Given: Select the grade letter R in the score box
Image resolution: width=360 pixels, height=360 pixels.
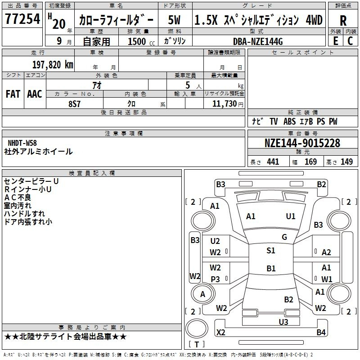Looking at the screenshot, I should click(343, 21).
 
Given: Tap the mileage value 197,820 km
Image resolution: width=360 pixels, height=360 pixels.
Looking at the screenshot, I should click(53, 64).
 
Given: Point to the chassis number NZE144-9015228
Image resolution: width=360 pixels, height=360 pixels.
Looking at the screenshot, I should click(302, 143).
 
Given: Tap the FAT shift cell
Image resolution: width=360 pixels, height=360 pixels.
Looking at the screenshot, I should click(13, 94).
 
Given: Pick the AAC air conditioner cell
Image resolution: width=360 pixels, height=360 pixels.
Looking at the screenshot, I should click(35, 94).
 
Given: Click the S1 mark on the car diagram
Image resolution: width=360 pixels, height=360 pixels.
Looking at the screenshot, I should click(271, 251).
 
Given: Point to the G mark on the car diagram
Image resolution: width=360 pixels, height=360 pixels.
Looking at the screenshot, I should click(284, 237).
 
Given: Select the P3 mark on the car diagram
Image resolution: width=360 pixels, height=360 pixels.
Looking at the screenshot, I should click(216, 279).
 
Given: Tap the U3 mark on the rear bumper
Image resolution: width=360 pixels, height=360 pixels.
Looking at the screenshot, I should click(283, 322).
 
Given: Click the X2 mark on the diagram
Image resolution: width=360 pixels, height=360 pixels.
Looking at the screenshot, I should click(221, 333).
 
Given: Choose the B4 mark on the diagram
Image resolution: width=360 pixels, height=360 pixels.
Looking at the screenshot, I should click(321, 333).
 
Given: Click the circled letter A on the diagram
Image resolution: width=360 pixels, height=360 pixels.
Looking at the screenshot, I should click(202, 294).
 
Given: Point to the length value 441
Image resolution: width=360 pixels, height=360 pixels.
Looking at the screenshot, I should click(273, 162).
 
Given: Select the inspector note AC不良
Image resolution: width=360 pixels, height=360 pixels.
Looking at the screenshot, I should click(18, 198).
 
